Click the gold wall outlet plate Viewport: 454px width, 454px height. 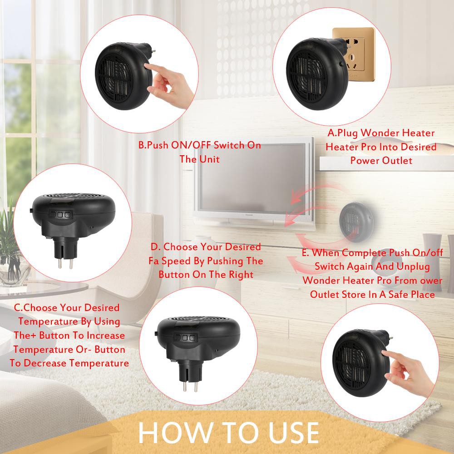[x=354, y=54]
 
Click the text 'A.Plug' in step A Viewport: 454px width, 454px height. [x=343, y=133]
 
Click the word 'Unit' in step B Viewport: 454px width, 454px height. [x=209, y=159]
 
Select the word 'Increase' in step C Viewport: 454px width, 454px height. [x=106, y=336]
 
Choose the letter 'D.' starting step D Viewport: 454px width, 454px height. [x=155, y=247]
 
